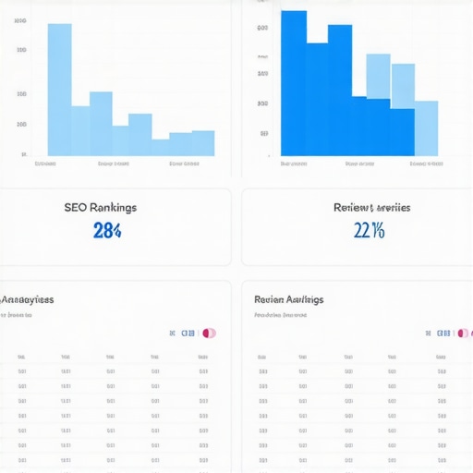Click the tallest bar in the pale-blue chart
(x=59, y=90)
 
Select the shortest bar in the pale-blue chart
(x=160, y=147)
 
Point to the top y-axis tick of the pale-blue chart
(x=21, y=20)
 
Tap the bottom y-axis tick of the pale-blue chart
(x=22, y=153)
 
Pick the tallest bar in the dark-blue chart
(x=294, y=83)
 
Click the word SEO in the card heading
(x=77, y=208)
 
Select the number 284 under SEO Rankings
(x=107, y=231)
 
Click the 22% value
(x=369, y=231)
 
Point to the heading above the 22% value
(x=371, y=208)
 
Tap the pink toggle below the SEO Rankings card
(x=210, y=333)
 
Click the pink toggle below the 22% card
(x=465, y=333)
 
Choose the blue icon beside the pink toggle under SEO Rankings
(x=188, y=333)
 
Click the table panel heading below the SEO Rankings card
(x=27, y=300)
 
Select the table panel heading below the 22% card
(x=288, y=300)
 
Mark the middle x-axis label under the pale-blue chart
(x=113, y=164)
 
